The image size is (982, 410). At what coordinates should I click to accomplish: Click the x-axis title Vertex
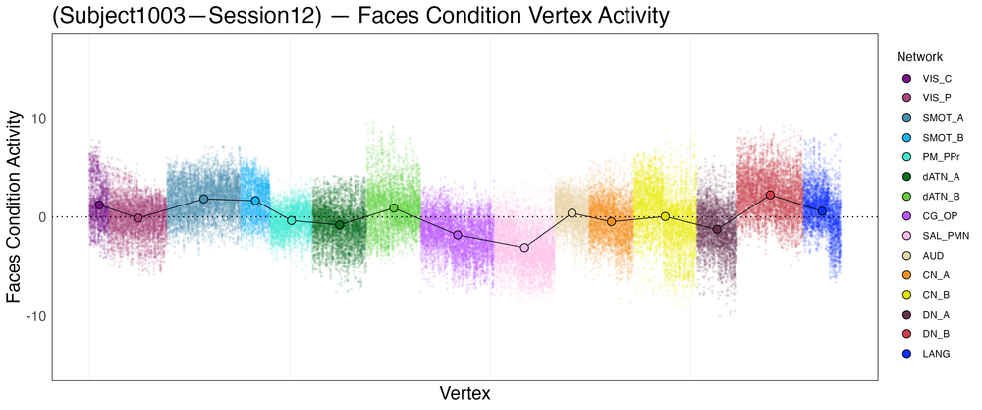pos(465,393)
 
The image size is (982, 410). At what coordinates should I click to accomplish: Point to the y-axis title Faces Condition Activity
pos(14,206)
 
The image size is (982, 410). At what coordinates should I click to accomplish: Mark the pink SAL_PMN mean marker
pos(524,248)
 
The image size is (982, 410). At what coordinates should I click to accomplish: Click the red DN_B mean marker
pos(770,195)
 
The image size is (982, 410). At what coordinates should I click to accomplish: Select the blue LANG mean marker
pos(822,211)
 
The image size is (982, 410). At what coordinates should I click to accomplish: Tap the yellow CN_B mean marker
pos(665,216)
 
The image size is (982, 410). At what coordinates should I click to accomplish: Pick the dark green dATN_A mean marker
pos(339,225)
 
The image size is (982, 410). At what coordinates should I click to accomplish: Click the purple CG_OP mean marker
pos(458,235)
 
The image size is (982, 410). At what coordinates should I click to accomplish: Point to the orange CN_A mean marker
pos(612,222)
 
